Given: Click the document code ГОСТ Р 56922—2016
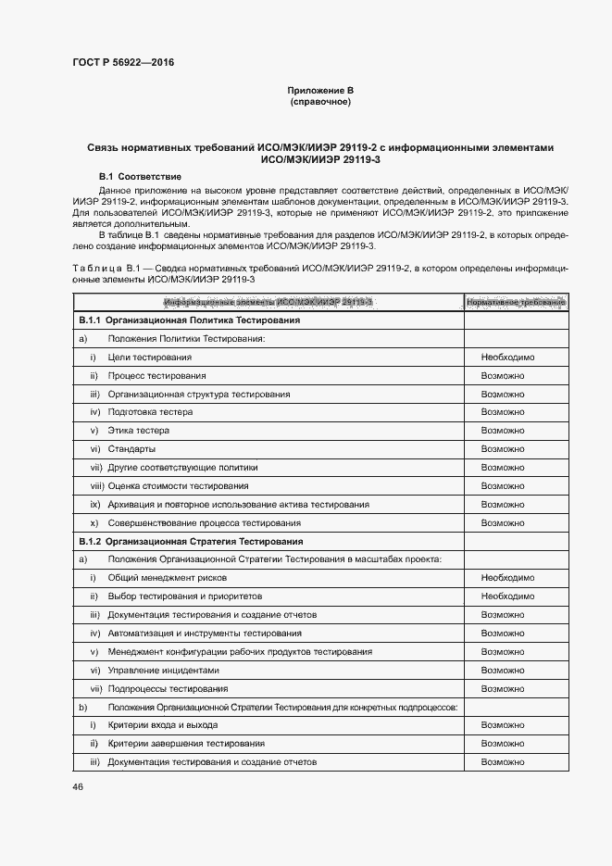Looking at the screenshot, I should [122, 63].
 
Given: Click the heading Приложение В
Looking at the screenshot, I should [319, 90].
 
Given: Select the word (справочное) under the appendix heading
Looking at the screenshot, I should [319, 101].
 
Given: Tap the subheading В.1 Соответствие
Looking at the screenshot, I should [140, 176].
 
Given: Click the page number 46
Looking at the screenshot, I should [78, 786].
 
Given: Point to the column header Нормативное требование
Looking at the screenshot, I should [515, 302].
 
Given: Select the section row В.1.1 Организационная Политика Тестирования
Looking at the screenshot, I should [189, 320].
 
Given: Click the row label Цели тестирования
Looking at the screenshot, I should [149, 358].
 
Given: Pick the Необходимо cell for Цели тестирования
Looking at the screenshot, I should [507, 358].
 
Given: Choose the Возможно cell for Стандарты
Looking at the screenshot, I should [503, 449].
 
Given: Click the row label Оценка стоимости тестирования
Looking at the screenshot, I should [178, 486].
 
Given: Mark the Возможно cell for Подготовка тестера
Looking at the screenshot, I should [503, 412].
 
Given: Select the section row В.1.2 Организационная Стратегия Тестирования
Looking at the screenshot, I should [192, 541].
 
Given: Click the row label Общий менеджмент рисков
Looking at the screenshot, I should [161, 578].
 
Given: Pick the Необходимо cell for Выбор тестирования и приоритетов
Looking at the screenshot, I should [507, 596].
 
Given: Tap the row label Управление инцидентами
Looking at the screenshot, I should [163, 670].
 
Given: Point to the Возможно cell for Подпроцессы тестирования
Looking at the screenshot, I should [503, 688].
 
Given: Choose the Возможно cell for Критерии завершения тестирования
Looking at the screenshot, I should [503, 744].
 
